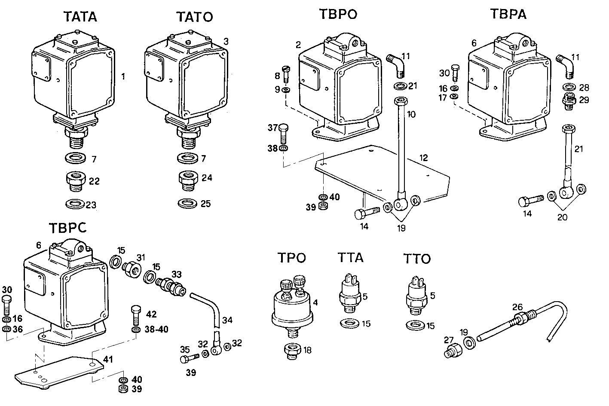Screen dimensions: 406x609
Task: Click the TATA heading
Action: [80, 17]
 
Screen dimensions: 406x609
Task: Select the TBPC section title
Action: [67, 228]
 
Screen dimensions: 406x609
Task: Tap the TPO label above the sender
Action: [291, 258]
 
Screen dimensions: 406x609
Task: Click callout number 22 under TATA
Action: [94, 181]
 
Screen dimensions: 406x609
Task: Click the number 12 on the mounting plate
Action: [424, 158]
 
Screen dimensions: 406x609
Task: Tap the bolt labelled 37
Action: [283, 133]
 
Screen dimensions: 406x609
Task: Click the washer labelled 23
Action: [75, 203]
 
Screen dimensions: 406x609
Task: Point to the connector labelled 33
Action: [171, 286]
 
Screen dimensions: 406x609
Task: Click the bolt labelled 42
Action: [135, 315]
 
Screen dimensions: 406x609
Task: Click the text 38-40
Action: [156, 330]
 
